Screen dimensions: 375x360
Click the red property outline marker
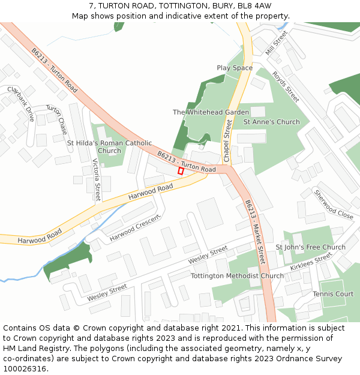coord(181,171)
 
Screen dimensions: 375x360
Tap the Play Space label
coord(235,68)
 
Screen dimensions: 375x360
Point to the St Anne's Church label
coord(271,122)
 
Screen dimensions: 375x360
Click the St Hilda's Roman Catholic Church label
coord(109,147)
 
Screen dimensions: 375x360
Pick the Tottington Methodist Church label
coord(237,276)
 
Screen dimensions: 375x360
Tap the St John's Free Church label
coord(310,247)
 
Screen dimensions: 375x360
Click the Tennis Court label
coord(333,294)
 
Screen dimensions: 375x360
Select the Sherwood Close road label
coord(334,204)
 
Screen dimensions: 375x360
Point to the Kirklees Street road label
coord(311,262)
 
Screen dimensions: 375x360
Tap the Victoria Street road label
coord(97,180)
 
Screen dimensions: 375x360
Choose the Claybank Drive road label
coord(21,103)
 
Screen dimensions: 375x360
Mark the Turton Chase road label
coord(56,119)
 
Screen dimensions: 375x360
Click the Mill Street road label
coord(277,44)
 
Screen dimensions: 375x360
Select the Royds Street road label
coord(286,86)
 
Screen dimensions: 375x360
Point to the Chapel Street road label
coord(227,140)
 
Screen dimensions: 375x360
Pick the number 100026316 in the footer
coord(25,369)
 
